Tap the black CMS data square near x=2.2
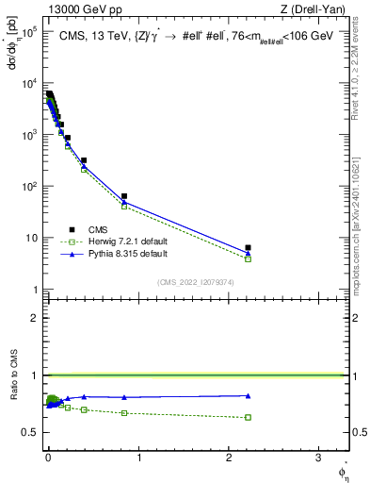pos(248,248)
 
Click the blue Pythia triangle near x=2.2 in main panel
pos(248,253)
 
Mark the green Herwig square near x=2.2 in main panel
pos(248,258)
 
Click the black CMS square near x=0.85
pos(124,196)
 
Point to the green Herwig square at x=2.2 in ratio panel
pos(248,417)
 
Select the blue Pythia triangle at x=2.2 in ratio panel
pos(248,395)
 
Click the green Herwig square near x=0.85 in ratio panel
pos(124,413)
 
